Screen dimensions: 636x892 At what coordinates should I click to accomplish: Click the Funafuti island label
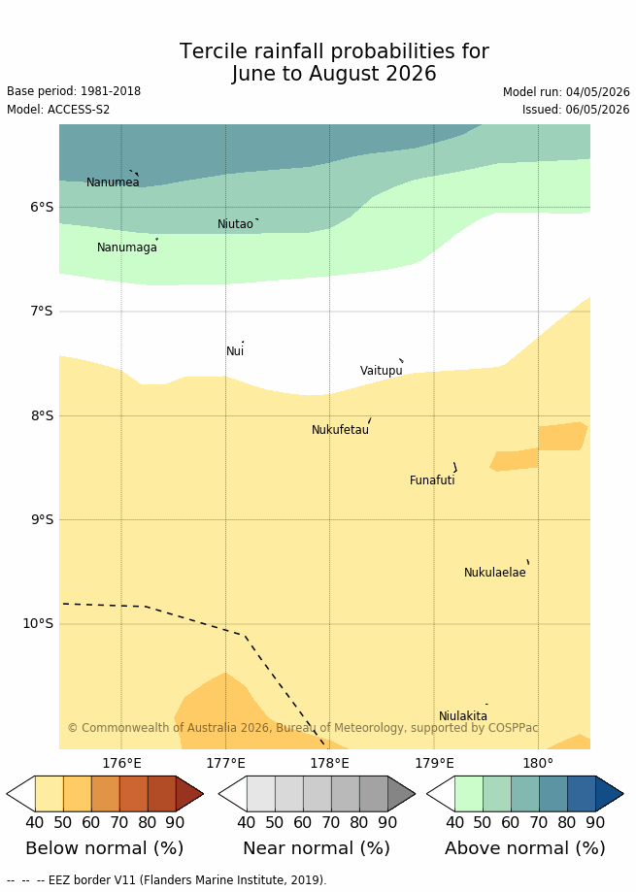[x=432, y=480]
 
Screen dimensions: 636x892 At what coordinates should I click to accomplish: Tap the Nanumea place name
[x=113, y=182]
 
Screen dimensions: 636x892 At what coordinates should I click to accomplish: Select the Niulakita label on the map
[x=463, y=715]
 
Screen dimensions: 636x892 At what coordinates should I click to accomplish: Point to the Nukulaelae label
[x=495, y=573]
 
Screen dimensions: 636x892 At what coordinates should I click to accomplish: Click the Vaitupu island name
[x=382, y=371]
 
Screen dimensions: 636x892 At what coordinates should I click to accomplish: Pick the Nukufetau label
[x=340, y=430]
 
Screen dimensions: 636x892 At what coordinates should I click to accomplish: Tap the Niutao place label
[x=235, y=224]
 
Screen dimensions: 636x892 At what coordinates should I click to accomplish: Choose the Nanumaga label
[x=127, y=248]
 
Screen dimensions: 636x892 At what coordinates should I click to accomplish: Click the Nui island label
[x=235, y=351]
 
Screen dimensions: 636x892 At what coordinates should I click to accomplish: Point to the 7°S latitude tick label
[x=41, y=312]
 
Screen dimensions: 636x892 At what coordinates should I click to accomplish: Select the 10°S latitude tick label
[x=38, y=623]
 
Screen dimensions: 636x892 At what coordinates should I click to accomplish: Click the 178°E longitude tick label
[x=330, y=763]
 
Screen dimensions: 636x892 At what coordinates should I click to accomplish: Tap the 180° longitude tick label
[x=538, y=763]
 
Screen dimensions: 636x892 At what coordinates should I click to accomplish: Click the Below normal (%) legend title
[x=105, y=848]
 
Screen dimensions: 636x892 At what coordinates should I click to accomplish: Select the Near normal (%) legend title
[x=317, y=848]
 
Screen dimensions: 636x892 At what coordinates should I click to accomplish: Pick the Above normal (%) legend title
[x=525, y=848]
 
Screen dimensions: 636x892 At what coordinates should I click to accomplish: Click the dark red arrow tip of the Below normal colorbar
[x=203, y=793]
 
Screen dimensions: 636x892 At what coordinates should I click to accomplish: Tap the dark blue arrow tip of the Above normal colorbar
[x=623, y=793]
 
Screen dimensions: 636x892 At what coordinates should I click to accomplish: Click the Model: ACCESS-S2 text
[x=58, y=110]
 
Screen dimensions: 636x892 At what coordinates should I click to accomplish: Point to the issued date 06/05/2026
[x=597, y=110]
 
